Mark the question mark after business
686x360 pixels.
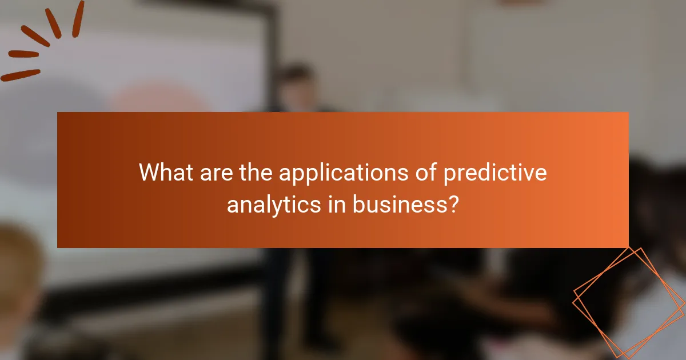pos(452,203)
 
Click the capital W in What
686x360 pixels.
pos(150,173)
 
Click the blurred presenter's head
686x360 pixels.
pos(297,86)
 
